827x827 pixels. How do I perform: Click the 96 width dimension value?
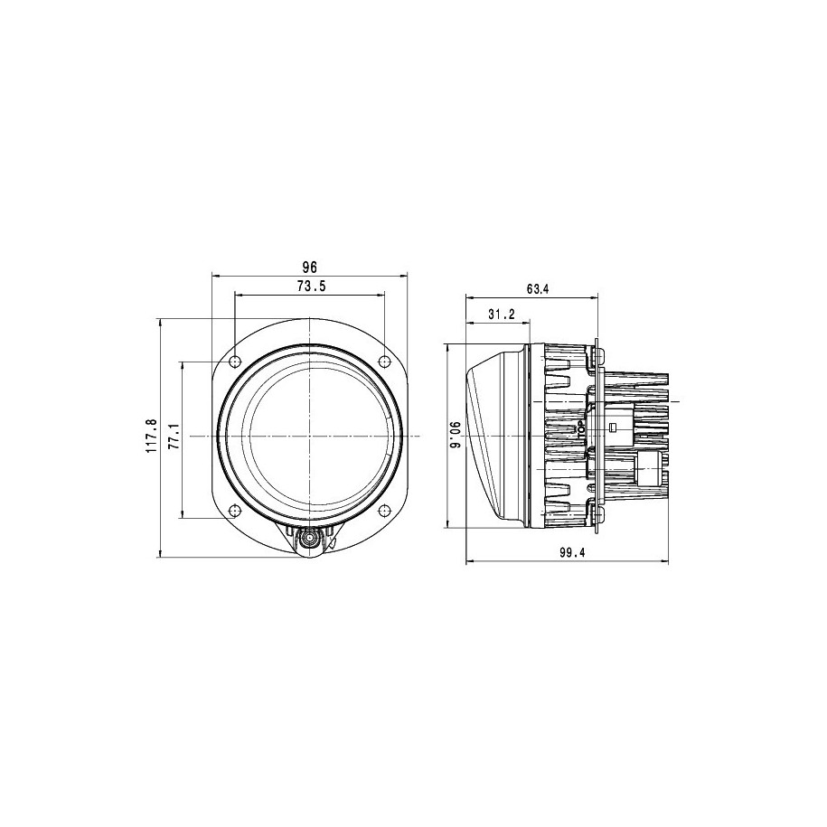click(310, 267)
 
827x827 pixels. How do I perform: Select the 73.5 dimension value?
click(312, 287)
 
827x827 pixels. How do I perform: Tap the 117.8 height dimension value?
click(152, 437)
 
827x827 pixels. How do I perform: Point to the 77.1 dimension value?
click(174, 437)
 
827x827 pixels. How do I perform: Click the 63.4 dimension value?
click(538, 289)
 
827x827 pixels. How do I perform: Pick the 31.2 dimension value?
click(501, 315)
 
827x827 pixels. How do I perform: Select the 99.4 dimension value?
click(572, 552)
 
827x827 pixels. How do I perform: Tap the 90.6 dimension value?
click(456, 436)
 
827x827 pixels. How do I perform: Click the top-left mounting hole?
click(235, 362)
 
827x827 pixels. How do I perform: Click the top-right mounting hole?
click(385, 362)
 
